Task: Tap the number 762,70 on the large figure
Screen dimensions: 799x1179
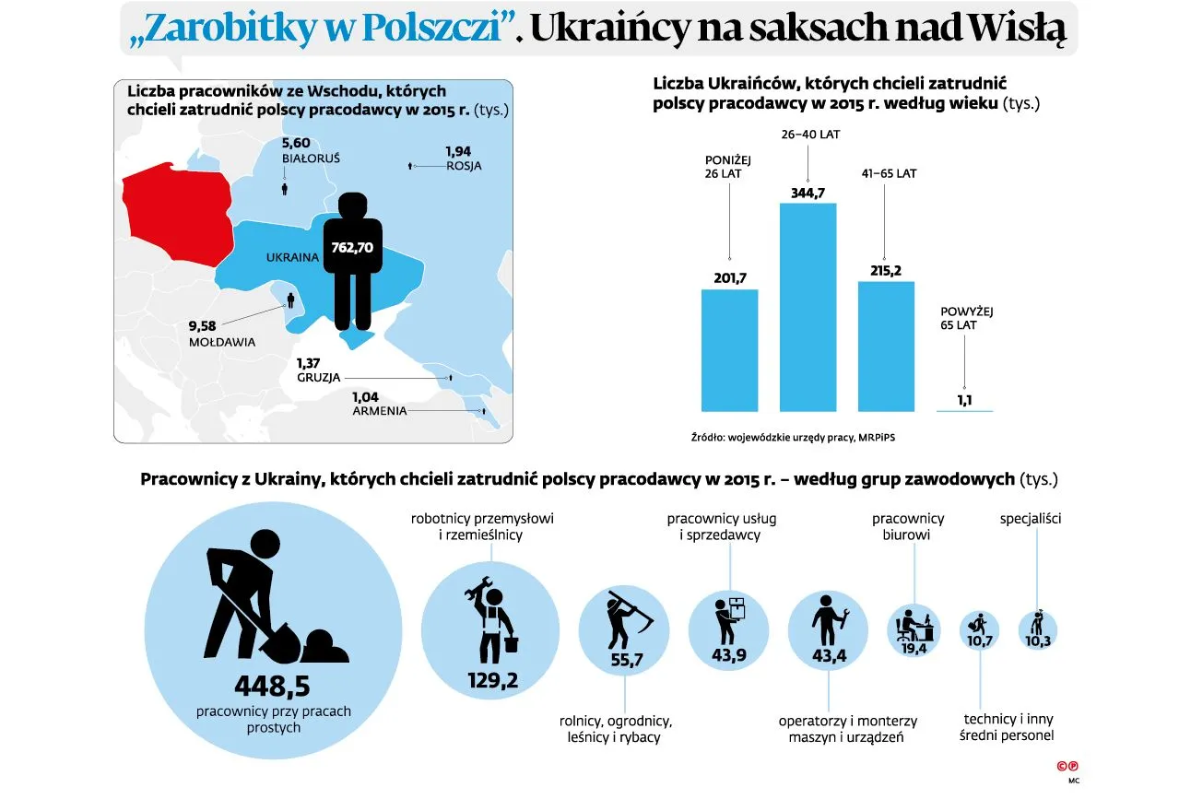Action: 352,247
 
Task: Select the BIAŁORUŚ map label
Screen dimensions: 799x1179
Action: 311,159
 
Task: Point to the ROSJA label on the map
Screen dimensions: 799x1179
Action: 464,166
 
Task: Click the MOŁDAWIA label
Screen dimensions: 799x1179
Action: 221,342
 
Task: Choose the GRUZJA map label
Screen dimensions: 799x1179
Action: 319,378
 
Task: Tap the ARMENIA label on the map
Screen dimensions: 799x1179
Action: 379,411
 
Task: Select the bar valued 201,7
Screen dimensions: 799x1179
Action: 729,350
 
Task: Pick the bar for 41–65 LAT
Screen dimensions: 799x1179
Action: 886,346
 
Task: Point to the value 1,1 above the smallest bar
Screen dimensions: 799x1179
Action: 964,400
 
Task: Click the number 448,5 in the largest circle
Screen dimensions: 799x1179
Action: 272,687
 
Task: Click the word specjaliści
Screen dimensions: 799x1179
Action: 1031,519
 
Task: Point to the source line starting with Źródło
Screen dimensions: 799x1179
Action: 792,437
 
